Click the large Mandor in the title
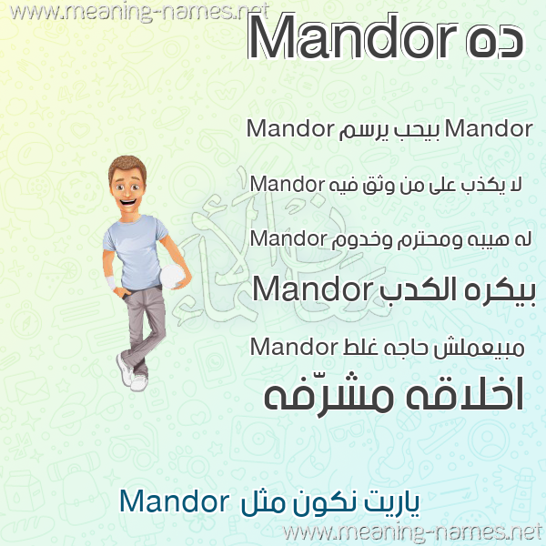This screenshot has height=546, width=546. point(351,36)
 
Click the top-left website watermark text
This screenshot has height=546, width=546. point(139,12)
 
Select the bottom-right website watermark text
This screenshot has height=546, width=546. point(413,532)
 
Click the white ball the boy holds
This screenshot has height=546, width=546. point(171,276)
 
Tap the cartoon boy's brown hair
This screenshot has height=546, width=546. point(127,167)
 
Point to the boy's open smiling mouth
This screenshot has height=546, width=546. point(128,202)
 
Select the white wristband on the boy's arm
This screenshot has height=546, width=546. point(111,282)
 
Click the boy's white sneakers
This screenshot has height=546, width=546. point(132,374)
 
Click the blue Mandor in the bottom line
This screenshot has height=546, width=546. point(174,500)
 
